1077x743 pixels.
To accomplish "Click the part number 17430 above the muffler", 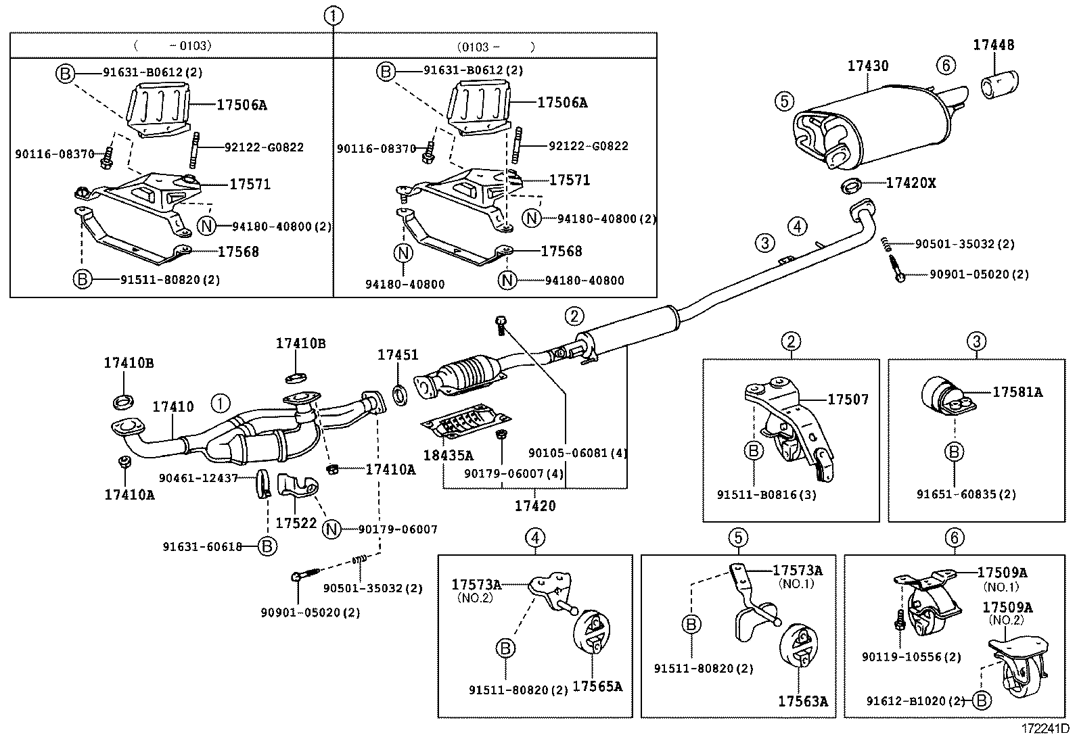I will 868,66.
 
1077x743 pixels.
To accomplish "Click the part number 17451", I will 397,355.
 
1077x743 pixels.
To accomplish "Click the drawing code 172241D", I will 1045,729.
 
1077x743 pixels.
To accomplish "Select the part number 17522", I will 296,523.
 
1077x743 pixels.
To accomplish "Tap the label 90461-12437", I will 198,478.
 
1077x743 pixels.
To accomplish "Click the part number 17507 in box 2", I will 848,400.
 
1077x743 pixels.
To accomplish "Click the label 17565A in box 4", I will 597,687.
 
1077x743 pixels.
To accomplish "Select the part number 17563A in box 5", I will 802,701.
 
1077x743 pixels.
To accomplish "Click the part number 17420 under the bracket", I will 534,505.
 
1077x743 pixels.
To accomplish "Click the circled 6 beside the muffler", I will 946,65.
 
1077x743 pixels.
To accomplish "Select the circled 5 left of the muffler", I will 783,101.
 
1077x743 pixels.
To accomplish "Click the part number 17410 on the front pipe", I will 173,407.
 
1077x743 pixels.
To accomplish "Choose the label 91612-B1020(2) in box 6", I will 915,701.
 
